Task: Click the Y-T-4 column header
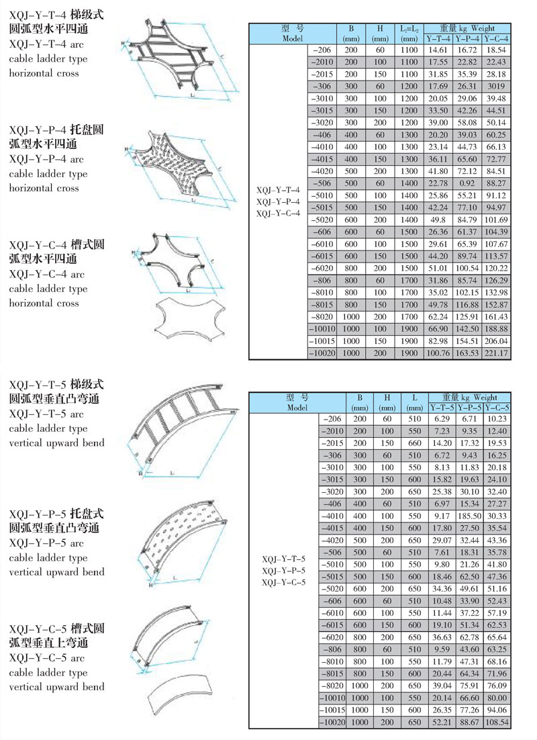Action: tap(438, 38)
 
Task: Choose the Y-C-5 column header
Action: tap(497, 407)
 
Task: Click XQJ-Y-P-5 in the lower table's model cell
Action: tap(284, 570)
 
